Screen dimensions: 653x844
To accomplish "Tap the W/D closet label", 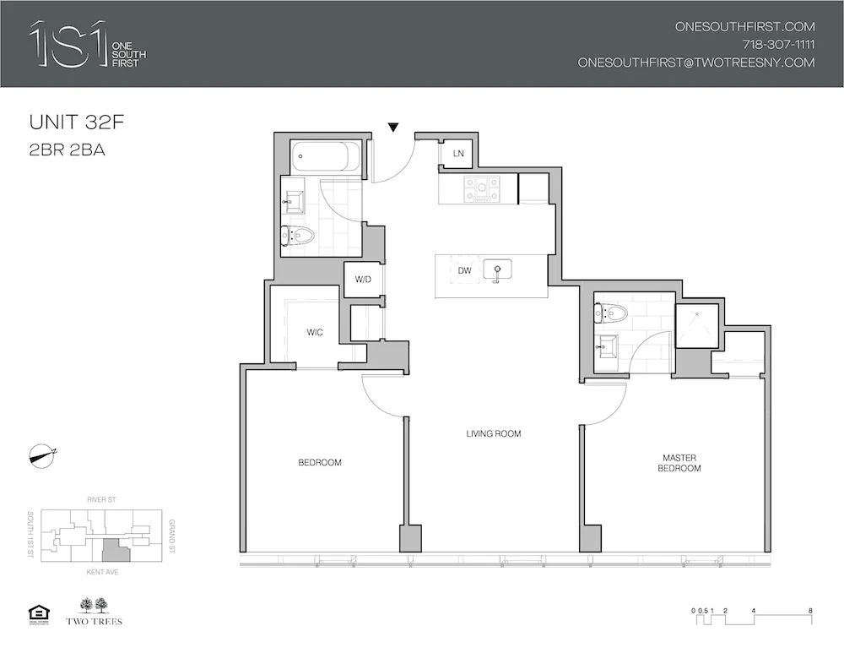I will [362, 280].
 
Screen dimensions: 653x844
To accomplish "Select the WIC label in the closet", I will [315, 332].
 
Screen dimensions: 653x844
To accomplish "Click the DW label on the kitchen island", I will [464, 270].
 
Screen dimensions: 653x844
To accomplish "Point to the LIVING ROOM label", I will [494, 434].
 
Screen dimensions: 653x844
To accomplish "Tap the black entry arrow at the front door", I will [393, 128].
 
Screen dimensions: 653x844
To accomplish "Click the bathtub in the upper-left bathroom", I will [322, 157].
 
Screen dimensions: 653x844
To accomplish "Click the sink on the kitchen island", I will [498, 271].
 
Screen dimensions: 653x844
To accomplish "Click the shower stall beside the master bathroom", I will [696, 324].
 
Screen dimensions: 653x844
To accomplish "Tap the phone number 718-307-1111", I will [778, 45].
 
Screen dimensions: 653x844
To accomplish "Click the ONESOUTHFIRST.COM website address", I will [744, 27].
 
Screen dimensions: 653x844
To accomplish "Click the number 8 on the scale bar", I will [809, 610].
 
